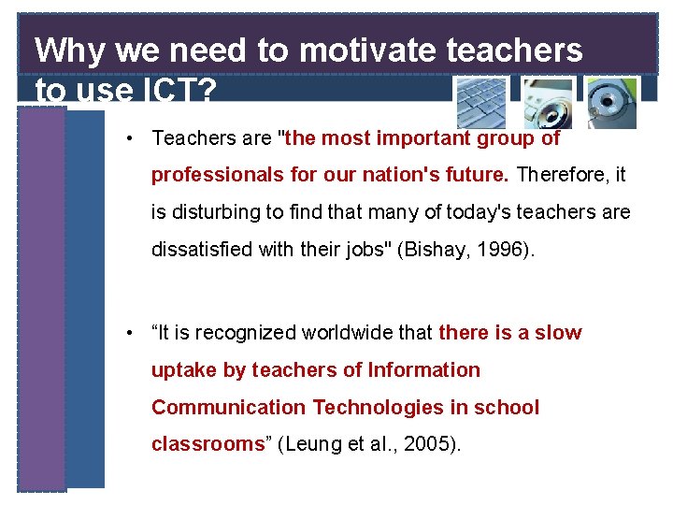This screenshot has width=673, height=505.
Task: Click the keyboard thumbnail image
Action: click(481, 102)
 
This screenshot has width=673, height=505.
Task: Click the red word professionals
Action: click(209, 176)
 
